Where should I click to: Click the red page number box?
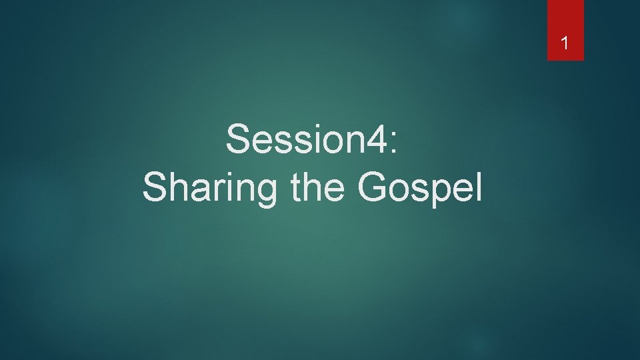click(565, 30)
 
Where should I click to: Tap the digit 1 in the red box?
click(565, 44)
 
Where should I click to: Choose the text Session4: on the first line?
click(312, 139)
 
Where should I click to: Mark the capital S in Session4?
click(237, 139)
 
